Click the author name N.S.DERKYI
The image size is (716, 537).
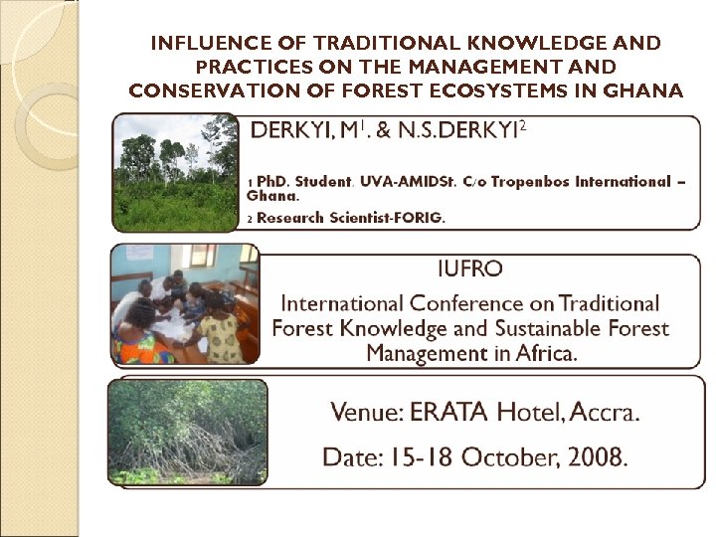click(463, 129)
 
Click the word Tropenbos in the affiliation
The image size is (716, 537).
click(517, 181)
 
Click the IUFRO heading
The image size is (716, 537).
click(469, 268)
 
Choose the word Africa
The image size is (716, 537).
click(542, 353)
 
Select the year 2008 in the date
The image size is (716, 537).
click(593, 457)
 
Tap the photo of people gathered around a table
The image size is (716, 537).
click(186, 304)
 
